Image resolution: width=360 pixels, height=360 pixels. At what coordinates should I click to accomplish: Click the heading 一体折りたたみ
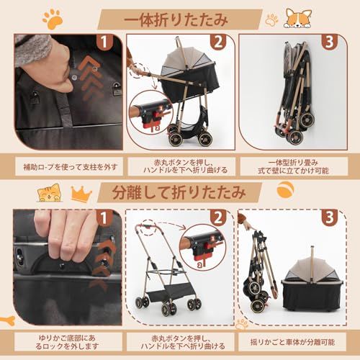pos(181,18)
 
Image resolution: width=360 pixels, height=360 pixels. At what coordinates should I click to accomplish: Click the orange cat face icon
pos(50,192)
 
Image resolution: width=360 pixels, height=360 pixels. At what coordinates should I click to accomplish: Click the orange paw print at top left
pos(53,18)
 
